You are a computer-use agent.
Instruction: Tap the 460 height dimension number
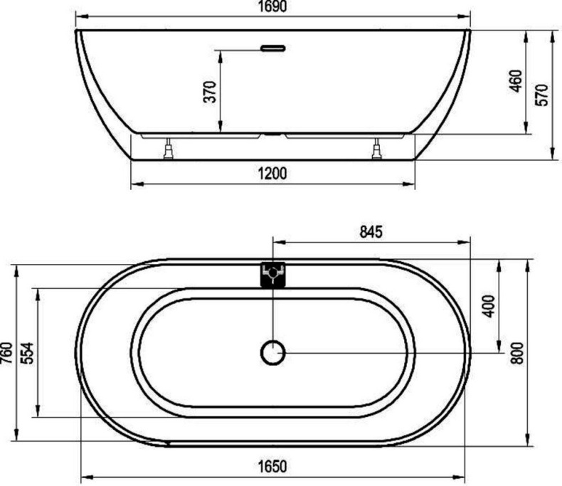[x=516, y=80]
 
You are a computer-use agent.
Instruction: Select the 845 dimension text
[x=371, y=231]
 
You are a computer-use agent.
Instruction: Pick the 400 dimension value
[x=487, y=306]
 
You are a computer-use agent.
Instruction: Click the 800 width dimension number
[x=517, y=352]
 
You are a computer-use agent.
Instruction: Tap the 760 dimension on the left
[x=7, y=352]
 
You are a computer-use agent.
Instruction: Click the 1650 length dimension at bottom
[x=272, y=467]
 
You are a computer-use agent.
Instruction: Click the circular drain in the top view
[x=272, y=352]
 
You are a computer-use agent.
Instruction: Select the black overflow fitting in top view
[x=272, y=274]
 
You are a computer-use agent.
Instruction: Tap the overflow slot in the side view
[x=272, y=49]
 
